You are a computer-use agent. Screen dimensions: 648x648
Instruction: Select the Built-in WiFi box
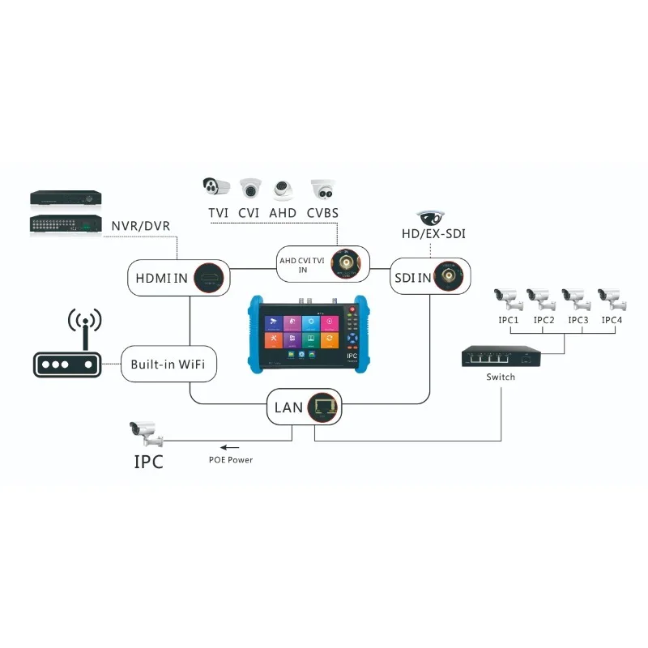pos(169,364)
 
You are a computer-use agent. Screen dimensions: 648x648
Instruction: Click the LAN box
pos(305,406)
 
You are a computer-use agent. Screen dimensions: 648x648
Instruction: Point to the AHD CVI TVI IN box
pos(322,264)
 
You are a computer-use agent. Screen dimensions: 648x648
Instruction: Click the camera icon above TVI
pos(216,188)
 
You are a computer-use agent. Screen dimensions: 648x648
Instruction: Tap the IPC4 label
pos(612,320)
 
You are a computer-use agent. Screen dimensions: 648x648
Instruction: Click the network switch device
pos(501,357)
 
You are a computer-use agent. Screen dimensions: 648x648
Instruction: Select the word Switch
pos(501,377)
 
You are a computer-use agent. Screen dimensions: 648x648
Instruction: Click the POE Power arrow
pos(231,447)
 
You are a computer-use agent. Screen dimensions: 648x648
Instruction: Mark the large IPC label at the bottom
pos(148,462)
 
